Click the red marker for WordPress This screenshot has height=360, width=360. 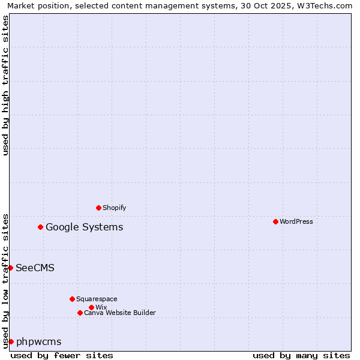click(x=275, y=221)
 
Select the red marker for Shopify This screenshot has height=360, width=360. click(x=99, y=208)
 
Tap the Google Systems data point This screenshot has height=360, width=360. click(x=41, y=227)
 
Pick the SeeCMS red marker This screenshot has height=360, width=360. click(x=11, y=268)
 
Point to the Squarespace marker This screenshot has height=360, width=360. click(x=72, y=299)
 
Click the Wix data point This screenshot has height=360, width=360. click(x=91, y=307)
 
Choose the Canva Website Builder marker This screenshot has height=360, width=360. click(x=80, y=313)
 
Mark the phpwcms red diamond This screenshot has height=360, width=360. click(x=11, y=341)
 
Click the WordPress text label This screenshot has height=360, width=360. click(x=296, y=221)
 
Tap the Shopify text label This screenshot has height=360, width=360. click(x=115, y=208)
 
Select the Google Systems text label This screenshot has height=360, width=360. click(x=85, y=227)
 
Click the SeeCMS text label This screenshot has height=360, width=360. click(x=35, y=268)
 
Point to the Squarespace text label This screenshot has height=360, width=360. click(x=97, y=299)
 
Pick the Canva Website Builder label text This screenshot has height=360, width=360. click(x=120, y=313)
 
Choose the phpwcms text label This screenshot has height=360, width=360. click(x=38, y=341)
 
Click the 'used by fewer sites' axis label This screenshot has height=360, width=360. click(x=62, y=355)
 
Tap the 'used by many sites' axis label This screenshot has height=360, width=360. click(x=301, y=355)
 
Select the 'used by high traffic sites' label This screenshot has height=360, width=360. click(x=5, y=85)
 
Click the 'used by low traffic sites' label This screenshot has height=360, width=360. click(x=5, y=281)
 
